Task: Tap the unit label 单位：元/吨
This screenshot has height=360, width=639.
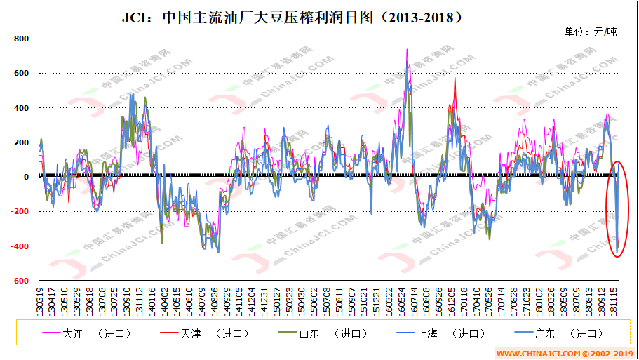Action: click(591, 32)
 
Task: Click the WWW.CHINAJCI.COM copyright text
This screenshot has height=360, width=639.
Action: click(565, 353)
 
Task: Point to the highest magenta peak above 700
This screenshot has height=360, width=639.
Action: click(407, 51)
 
